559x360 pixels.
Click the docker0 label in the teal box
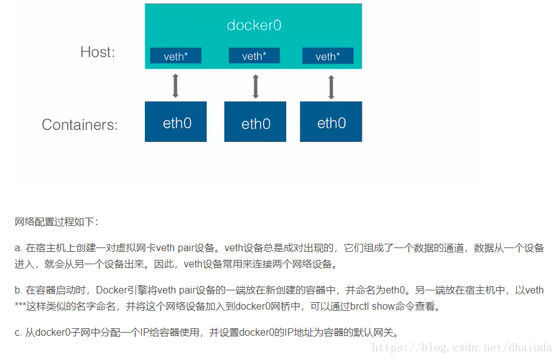pos(254,25)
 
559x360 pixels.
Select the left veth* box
pos(176,55)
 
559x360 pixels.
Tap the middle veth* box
pos(254,55)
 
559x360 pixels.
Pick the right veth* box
pos(328,55)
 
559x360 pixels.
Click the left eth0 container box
pos(176,121)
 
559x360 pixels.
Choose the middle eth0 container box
pos(256,121)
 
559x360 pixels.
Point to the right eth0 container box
pos(331,121)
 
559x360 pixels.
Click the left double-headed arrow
pos(175,86)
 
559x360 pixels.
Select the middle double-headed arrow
pos(256,86)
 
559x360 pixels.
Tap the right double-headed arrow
pos(331,87)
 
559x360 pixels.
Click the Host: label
pos(98,52)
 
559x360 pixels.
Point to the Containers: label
pos(80,125)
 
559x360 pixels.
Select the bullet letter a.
pos(18,247)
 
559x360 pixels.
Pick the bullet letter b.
pos(18,290)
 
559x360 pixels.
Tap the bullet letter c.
pos(18,333)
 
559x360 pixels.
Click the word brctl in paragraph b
pos(359,306)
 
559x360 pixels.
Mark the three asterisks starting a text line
pos(20,305)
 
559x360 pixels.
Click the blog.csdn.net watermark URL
pos(461,347)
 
